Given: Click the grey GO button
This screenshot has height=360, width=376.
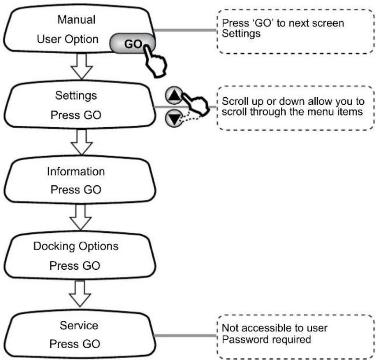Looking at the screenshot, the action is coord(133,44).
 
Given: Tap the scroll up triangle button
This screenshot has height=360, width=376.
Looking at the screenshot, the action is coord(174,96).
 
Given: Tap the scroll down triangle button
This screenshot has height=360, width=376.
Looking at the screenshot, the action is coord(174,118).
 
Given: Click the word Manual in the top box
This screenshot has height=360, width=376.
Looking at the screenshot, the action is coord(77,19).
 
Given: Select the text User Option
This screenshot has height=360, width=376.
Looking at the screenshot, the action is coord(68,39).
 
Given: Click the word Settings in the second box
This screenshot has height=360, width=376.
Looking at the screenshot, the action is coord(76,96).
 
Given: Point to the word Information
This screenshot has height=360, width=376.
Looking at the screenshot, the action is coord(76,171).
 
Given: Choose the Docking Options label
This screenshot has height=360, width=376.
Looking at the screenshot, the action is coord(76,246).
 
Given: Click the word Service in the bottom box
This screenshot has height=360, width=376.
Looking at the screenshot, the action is coord(79,325).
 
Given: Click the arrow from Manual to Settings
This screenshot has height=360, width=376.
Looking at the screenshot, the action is coord(81,66).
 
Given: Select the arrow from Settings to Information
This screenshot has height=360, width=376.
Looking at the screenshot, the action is coord(81,142).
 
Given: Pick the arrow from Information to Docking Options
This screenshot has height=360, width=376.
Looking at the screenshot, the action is coord(81,217).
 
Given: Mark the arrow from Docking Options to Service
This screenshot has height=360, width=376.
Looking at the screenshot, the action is coord(80,294).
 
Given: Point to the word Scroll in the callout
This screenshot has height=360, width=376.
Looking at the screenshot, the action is coord(235,101).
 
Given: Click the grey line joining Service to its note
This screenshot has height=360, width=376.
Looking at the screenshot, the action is coord(185,335).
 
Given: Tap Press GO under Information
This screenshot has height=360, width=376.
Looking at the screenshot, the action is coord(76,190).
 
